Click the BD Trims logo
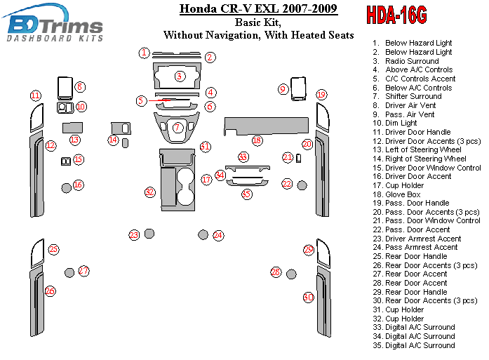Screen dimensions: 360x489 tap(55, 27)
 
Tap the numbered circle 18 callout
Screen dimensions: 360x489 tap(257, 141)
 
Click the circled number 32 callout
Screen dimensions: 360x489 tap(149, 192)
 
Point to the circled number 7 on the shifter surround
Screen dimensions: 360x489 tap(178, 127)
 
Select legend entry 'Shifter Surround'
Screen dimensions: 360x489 tap(413, 96)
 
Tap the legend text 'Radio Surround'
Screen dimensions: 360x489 tap(412, 61)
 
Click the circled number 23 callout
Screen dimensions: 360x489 tap(134, 234)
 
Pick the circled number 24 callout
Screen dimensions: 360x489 tap(218, 235)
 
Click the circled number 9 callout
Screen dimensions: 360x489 tap(283, 89)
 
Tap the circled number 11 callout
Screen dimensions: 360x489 tap(34, 95)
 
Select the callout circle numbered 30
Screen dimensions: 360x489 tap(308, 298)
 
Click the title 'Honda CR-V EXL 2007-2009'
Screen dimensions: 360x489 tap(258, 9)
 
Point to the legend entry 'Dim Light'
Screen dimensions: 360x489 tap(402, 123)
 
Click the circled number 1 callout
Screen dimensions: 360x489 tap(144, 53)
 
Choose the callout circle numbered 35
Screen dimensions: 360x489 tap(246, 194)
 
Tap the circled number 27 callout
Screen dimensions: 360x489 tap(84, 270)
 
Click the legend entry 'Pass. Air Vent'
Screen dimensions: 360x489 tap(410, 114)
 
